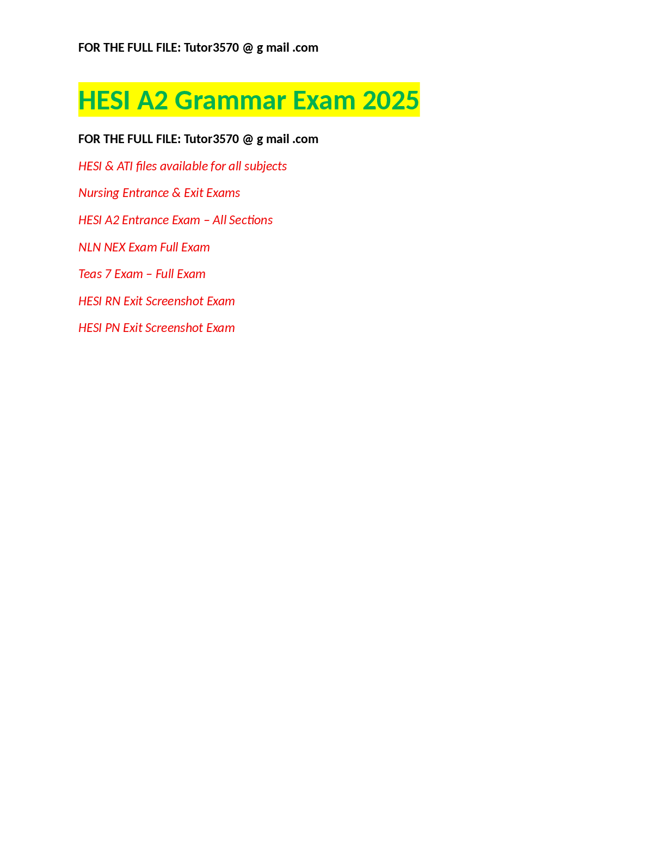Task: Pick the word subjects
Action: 265,166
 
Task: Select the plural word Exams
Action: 224,193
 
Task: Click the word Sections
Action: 251,220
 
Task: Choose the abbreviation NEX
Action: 115,248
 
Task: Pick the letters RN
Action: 113,301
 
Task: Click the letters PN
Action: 113,328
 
